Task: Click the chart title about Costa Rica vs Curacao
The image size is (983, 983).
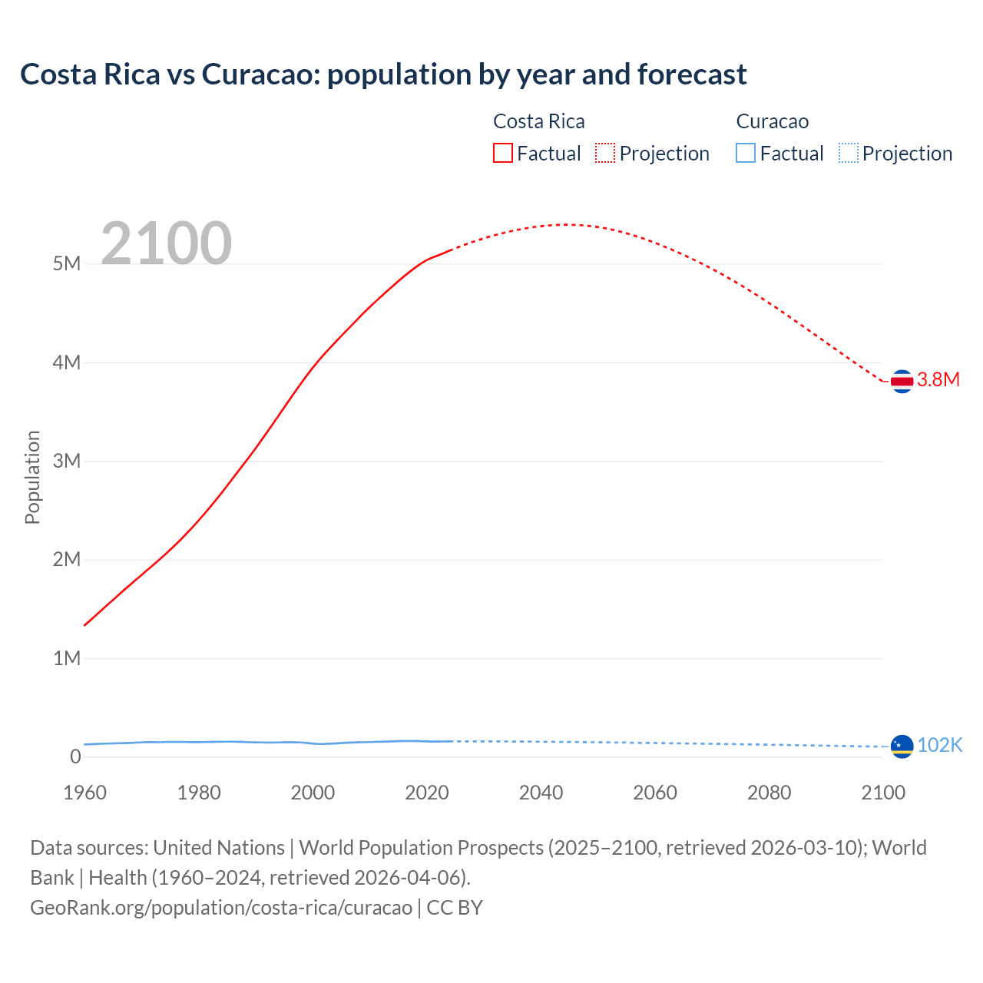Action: click(x=383, y=74)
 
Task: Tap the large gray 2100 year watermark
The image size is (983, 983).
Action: click(x=166, y=243)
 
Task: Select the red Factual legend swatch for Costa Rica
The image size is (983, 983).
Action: click(x=502, y=154)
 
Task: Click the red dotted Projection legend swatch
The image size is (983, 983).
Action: click(x=605, y=154)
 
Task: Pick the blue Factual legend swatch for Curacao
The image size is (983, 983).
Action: click(x=745, y=154)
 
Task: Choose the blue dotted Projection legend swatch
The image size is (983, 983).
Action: click(x=848, y=154)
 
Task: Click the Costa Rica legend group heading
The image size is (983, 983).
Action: click(x=538, y=121)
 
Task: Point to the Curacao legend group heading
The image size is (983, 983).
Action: click(x=772, y=121)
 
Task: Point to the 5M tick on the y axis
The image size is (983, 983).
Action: click(x=67, y=264)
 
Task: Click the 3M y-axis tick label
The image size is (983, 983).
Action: click(x=67, y=461)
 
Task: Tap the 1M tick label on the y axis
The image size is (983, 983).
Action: click(x=67, y=658)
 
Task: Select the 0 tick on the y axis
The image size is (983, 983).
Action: click(x=75, y=756)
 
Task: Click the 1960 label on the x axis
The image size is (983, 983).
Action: click(x=84, y=793)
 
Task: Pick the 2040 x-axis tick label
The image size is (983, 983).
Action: click(x=541, y=793)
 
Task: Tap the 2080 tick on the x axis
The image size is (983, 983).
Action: click(x=769, y=793)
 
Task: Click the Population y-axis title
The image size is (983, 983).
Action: click(x=32, y=477)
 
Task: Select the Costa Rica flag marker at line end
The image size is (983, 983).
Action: click(x=902, y=381)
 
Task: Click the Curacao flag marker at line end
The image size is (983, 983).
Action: click(x=902, y=746)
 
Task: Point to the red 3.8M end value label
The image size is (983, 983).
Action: click(x=938, y=379)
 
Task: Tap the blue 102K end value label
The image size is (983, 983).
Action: click(x=940, y=745)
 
